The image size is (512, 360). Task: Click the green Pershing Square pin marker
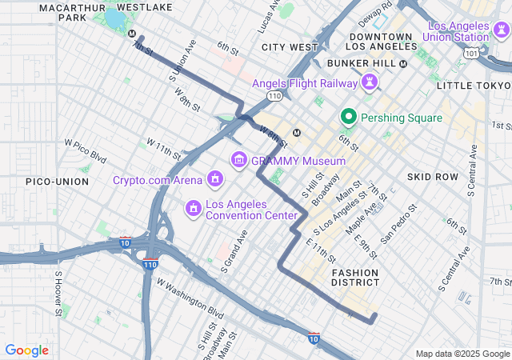[x=348, y=117]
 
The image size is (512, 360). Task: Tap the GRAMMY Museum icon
[x=238, y=160]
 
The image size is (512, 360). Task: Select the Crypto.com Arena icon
[x=214, y=179]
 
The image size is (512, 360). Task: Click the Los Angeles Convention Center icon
[x=193, y=209]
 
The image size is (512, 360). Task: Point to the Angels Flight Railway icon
[x=370, y=82]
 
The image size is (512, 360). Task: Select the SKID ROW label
[x=432, y=176]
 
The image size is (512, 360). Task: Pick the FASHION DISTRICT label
[x=355, y=278]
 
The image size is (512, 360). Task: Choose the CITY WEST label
[x=290, y=47]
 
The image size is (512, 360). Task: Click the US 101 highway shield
[x=473, y=54]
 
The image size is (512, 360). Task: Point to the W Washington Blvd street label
[x=190, y=295]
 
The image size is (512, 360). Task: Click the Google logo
[x=26, y=350]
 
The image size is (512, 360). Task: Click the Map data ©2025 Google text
[x=462, y=354]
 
